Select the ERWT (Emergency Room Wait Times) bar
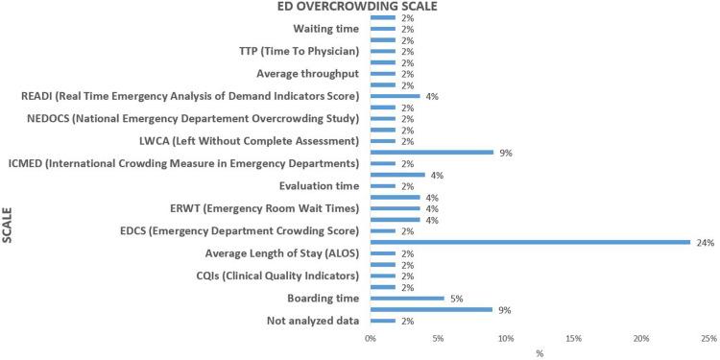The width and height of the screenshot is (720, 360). (x=395, y=209)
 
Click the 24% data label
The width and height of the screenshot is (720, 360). (x=706, y=243)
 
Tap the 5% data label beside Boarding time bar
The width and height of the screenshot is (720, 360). (x=457, y=299)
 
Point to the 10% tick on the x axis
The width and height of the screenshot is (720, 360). (x=506, y=339)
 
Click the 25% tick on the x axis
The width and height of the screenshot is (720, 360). (x=708, y=339)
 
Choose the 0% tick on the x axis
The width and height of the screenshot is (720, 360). (x=371, y=339)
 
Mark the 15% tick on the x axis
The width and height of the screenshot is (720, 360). (x=573, y=339)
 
